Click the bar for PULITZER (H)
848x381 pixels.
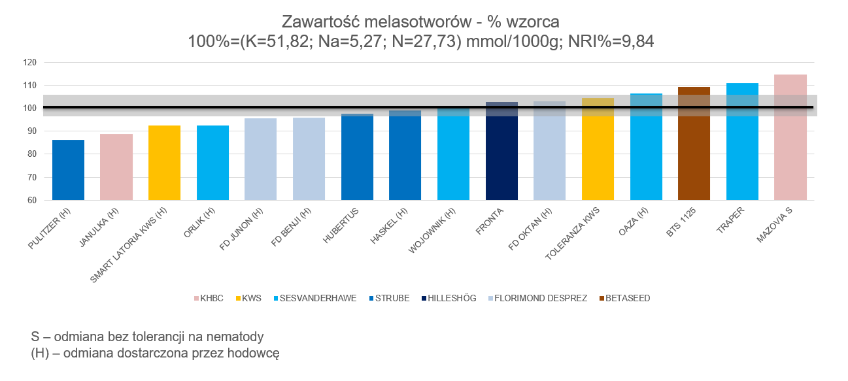point(68,170)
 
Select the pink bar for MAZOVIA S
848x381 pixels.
point(790,137)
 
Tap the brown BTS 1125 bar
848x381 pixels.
point(694,143)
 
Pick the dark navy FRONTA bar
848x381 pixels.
point(501,151)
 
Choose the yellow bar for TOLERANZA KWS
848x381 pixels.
point(598,149)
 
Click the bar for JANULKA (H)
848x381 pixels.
point(116,167)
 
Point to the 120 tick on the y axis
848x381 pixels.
point(30,63)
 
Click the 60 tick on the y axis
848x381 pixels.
point(32,200)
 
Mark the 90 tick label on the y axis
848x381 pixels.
point(32,131)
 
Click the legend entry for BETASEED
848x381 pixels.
point(624,298)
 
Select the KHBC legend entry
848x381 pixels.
point(209,298)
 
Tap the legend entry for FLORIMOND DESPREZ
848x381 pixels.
point(537,298)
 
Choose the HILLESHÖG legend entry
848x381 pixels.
point(449,298)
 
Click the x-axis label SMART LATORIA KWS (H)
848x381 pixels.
point(128,245)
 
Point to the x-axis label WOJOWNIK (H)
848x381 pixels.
point(432,230)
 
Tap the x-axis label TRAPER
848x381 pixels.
point(730,220)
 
